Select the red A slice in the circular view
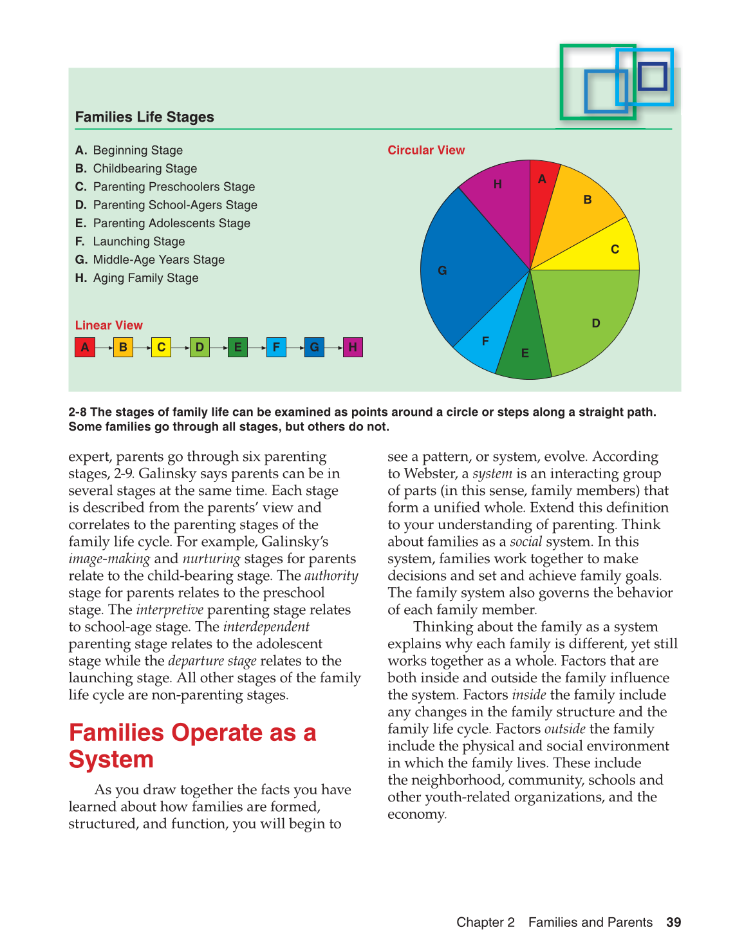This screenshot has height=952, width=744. [x=542, y=193]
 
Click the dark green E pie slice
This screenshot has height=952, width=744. [x=526, y=344]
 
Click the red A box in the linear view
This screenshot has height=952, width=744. [x=85, y=348]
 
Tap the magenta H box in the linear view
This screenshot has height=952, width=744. [x=353, y=348]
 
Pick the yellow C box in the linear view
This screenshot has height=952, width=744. [x=161, y=348]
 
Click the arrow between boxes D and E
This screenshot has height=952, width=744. [x=219, y=348]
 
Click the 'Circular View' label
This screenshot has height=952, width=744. [x=425, y=150]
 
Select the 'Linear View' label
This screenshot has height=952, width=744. [x=109, y=325]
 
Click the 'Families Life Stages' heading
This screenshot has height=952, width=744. [x=144, y=117]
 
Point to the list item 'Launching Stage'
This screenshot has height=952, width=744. [x=138, y=241]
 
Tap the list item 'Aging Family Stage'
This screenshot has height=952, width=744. [x=145, y=278]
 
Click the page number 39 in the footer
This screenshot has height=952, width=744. [x=673, y=922]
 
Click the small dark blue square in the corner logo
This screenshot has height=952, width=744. [x=653, y=77]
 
